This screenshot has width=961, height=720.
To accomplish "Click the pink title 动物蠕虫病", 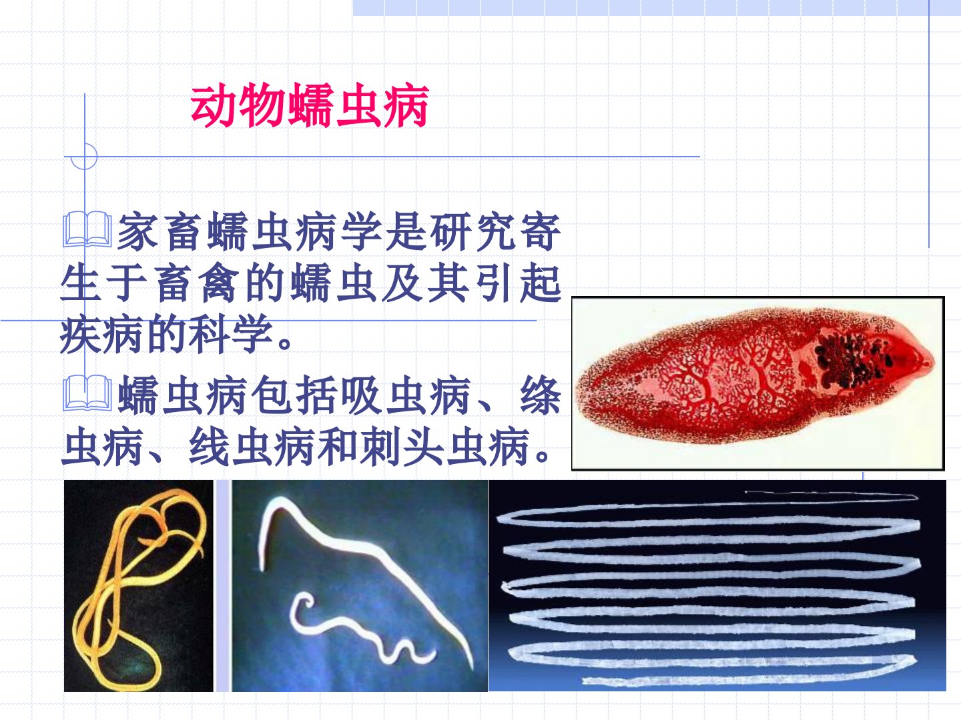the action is pyautogui.click(x=310, y=105).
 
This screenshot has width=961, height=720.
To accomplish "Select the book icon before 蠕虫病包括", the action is pyautogui.click(x=87, y=393).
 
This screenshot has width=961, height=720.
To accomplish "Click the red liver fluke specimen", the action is pyautogui.click(x=755, y=376).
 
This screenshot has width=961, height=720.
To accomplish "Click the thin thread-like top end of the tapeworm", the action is pyautogui.click(x=832, y=495).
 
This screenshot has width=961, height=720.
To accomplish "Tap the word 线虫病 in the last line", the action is pyautogui.click(x=252, y=447).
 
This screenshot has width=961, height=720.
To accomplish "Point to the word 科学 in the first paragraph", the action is pyautogui.click(x=232, y=334).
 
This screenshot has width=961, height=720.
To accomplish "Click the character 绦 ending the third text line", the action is pyautogui.click(x=541, y=395).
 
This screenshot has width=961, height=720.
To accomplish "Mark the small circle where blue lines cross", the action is pyautogui.click(x=84, y=156).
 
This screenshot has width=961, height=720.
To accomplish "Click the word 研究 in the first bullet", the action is pyautogui.click(x=472, y=231).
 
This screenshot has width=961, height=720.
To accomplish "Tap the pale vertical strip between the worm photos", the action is pyautogui.click(x=223, y=586).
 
